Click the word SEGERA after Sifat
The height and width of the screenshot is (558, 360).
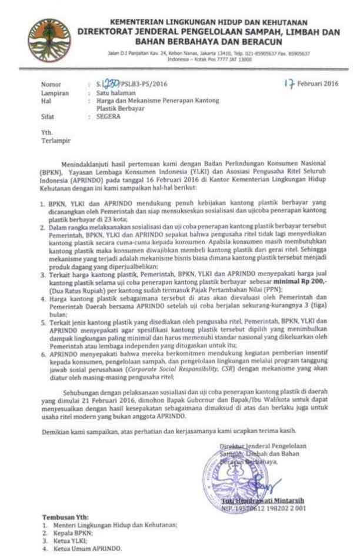[x=109, y=117]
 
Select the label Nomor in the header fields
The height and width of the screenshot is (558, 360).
[x=51, y=85]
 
